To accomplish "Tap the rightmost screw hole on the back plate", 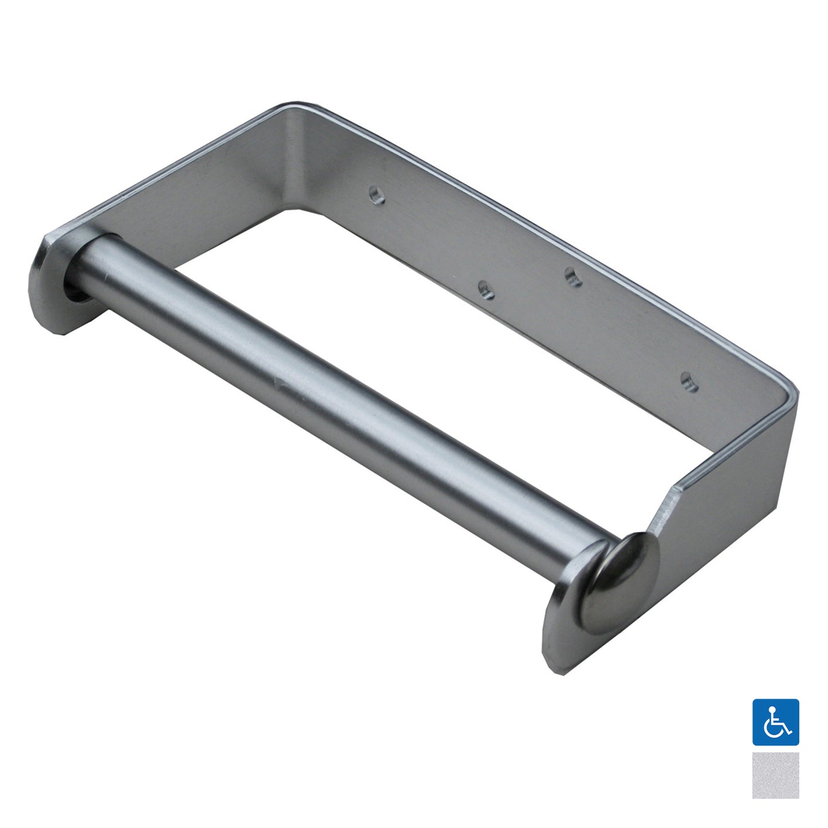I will pos(689,382).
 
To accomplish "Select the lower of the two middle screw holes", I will pos(486,290).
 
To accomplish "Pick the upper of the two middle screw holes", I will pos(574,277).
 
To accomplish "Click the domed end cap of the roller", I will pos(619,579).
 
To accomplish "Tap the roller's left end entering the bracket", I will pos(80,281).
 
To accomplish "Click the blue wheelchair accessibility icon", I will pos(775,722).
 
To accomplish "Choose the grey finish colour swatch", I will pos(775,775).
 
